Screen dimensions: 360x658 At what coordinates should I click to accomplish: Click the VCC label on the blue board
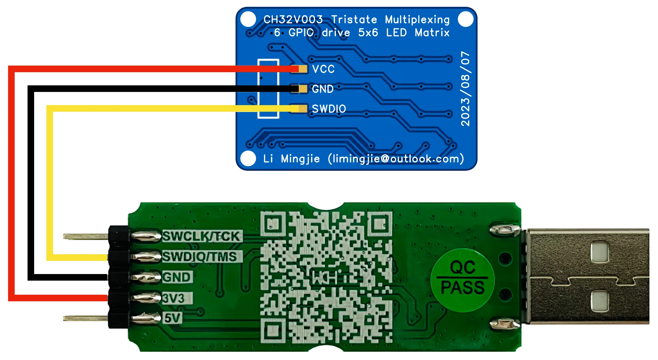[323, 69]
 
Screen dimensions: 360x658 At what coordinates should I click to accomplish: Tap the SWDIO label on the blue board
[329, 109]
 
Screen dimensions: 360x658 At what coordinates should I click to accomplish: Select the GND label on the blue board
[322, 89]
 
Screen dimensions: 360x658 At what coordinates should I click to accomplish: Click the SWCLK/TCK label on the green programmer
[201, 236]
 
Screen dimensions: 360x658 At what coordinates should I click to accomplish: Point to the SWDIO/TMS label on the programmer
[200, 257]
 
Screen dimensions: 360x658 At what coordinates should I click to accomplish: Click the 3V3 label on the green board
[173, 298]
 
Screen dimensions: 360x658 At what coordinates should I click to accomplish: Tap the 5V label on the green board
[172, 318]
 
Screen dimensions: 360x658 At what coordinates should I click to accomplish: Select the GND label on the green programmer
[176, 277]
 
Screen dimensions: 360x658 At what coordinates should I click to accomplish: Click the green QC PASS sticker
[462, 280]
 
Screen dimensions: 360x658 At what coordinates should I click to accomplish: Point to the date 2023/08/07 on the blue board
[465, 89]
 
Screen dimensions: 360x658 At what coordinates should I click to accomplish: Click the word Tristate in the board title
[354, 20]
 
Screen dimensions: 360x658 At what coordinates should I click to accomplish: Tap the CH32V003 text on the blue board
[293, 20]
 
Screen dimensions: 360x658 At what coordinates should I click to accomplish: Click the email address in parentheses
[396, 159]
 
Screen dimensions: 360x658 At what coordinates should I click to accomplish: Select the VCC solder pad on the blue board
[303, 69]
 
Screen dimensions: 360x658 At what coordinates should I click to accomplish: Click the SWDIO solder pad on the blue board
[303, 108]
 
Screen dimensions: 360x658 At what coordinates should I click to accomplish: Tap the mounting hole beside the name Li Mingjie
[248, 158]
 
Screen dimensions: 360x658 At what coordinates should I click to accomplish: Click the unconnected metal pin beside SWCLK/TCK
[85, 237]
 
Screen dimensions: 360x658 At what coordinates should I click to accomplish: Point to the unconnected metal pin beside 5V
[85, 318]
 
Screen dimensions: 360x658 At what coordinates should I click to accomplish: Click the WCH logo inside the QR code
[325, 277]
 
